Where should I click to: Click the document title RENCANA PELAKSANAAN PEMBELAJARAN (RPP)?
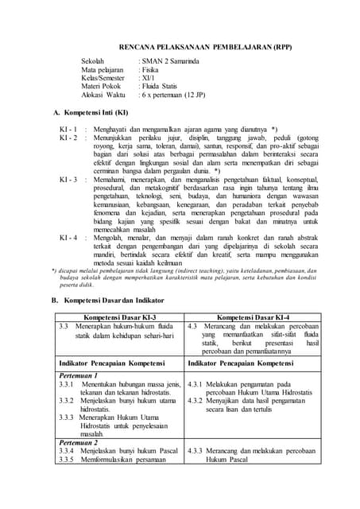tap(205, 46)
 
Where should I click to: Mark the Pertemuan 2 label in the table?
tap(78, 441)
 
